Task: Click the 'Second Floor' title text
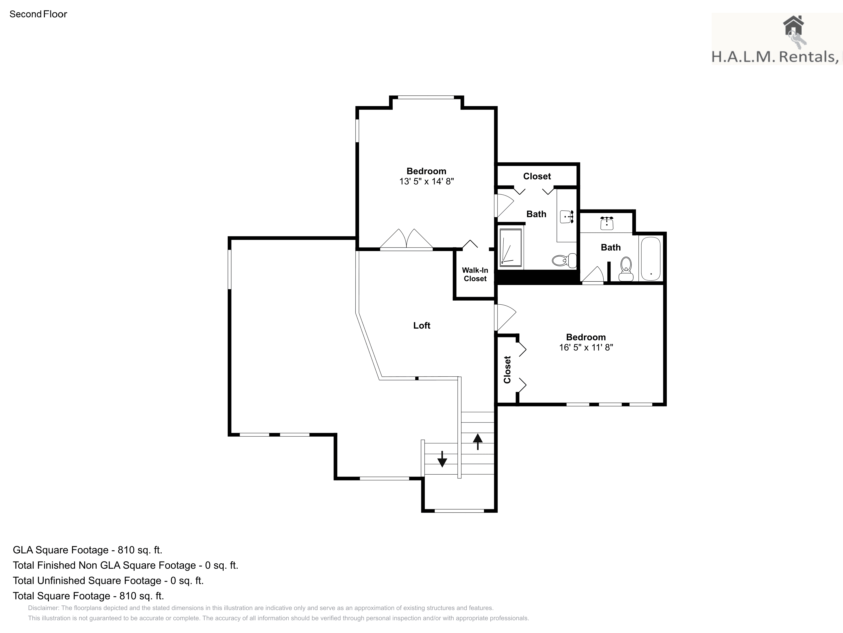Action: [38, 14]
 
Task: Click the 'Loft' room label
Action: [421, 325]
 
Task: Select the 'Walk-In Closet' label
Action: [475, 274]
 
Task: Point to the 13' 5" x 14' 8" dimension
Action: [426, 181]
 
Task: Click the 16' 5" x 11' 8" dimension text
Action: [586, 347]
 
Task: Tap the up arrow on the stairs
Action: [478, 442]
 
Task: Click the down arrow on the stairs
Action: [442, 459]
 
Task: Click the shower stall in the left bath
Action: [511, 247]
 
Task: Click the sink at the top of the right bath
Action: [607, 223]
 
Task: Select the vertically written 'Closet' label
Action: [507, 369]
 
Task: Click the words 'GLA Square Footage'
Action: [61, 550]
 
